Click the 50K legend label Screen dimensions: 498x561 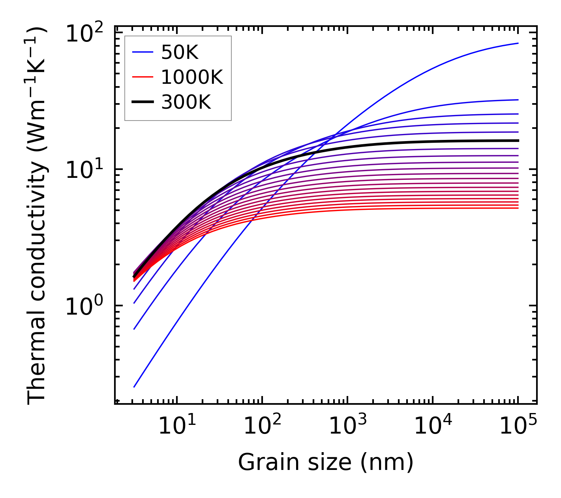180,52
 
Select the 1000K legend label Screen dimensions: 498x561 192,77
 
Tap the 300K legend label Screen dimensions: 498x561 186,102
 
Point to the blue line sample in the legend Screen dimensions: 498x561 142,52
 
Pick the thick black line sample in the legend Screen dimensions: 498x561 142,102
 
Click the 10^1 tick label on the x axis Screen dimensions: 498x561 177,426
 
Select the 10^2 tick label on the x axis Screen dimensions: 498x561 263,426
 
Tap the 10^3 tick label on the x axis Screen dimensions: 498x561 348,426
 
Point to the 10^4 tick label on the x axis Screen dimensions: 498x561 433,426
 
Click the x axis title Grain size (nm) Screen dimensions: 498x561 326,462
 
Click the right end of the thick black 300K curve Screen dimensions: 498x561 518,141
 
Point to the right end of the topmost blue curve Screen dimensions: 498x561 518,43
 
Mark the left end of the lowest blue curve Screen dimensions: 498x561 134,387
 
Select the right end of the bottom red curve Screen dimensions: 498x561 518,208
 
